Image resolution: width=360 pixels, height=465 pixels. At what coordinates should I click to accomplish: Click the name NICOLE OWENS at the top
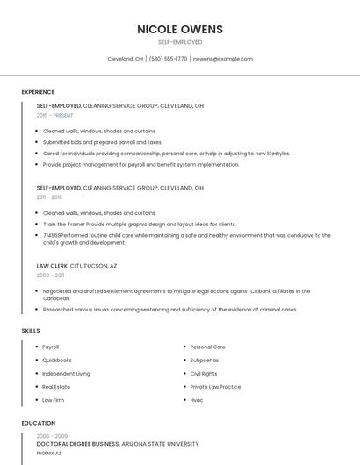pyautogui.click(x=180, y=29)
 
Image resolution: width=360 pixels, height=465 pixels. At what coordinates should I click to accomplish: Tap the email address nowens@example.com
pyautogui.click(x=222, y=59)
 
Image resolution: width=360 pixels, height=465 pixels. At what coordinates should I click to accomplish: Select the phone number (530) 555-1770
pyautogui.click(x=168, y=59)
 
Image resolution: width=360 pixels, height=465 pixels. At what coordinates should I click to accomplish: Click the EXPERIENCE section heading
pyautogui.click(x=38, y=92)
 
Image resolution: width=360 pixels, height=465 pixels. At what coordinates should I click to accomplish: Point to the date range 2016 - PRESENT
pyautogui.click(x=55, y=115)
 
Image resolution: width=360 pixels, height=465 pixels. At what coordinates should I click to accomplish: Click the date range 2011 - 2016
pyautogui.click(x=50, y=197)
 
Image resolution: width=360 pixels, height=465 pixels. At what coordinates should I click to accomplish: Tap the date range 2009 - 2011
pyautogui.click(x=50, y=275)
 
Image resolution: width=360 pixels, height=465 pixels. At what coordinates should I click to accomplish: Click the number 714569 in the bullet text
pyautogui.click(x=52, y=235)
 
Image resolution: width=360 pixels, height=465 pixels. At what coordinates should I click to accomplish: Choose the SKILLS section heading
pyautogui.click(x=31, y=330)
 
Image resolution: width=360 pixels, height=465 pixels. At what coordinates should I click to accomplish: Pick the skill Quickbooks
pyautogui.click(x=57, y=360)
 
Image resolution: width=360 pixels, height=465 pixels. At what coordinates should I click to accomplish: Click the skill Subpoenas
pyautogui.click(x=205, y=360)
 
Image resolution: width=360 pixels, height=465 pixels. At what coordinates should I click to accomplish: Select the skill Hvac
pyautogui.click(x=197, y=400)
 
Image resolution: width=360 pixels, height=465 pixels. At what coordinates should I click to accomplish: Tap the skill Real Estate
pyautogui.click(x=56, y=386)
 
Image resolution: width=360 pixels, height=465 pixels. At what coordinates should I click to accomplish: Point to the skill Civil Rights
pyautogui.click(x=204, y=373)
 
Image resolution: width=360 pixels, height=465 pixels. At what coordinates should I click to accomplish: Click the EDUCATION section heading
pyautogui.click(x=38, y=423)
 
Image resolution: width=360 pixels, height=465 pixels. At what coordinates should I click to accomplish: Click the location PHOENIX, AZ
pyautogui.click(x=49, y=453)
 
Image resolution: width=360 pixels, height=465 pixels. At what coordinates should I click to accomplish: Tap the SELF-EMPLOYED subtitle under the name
pyautogui.click(x=180, y=42)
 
